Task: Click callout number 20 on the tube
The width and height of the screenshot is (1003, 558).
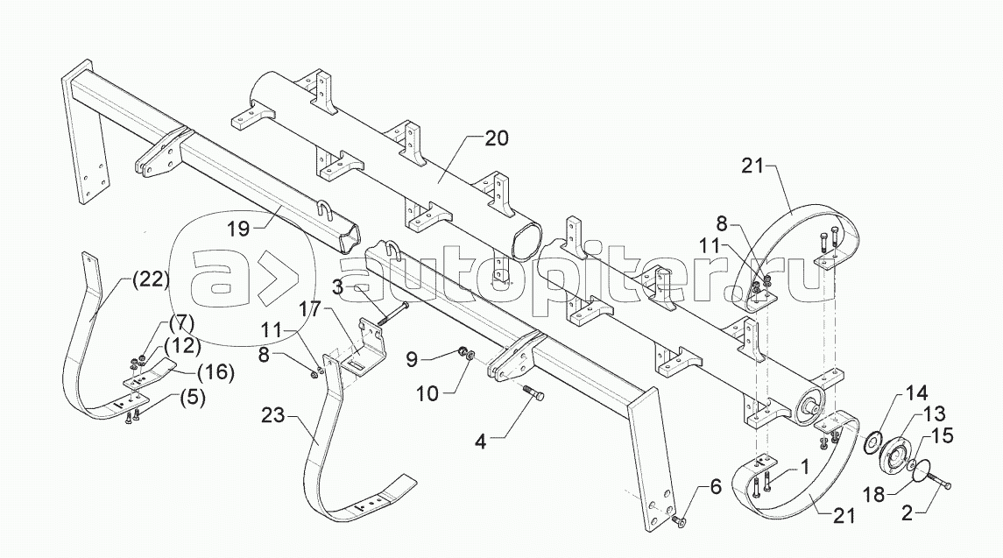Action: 495,138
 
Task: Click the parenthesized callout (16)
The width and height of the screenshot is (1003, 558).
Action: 214,372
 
